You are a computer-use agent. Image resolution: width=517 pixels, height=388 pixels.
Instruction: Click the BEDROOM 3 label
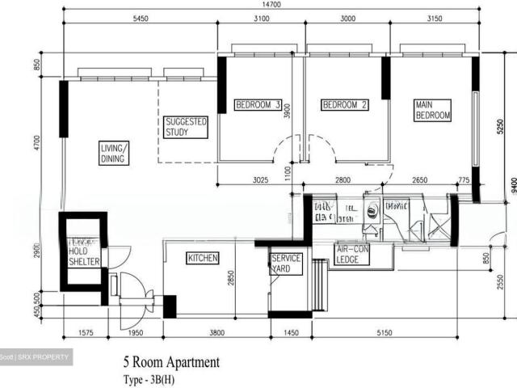[258, 105]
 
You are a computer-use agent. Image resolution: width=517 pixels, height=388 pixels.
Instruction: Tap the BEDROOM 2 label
[345, 105]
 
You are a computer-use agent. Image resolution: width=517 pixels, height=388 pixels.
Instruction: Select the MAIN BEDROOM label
[432, 111]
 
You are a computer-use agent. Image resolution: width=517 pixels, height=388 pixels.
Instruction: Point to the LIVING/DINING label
[114, 154]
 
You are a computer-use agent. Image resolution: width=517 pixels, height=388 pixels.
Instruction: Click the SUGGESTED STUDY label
[186, 127]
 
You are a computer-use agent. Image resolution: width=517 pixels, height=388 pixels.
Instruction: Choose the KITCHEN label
[203, 259]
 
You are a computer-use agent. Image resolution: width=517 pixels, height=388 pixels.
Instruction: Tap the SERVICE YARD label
[286, 264]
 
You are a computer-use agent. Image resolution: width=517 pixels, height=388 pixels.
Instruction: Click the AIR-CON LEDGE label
[353, 255]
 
